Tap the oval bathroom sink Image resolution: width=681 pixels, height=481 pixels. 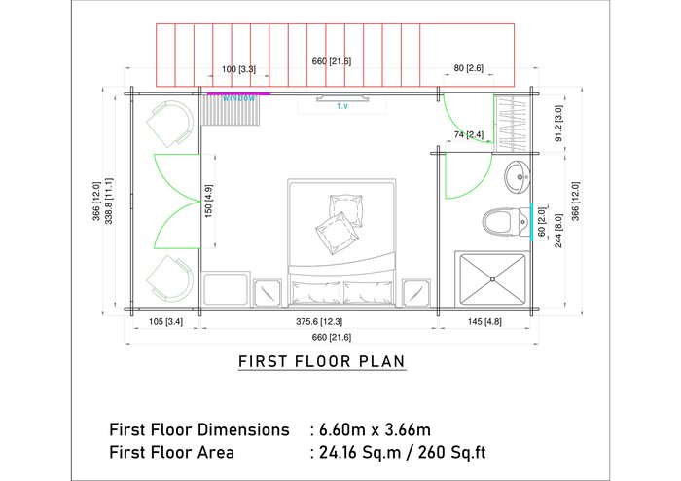pos(518,177)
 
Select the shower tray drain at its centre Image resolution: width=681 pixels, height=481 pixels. pos(492,279)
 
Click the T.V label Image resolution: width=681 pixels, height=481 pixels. pos(342,106)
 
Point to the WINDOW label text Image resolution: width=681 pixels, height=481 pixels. pos(239,99)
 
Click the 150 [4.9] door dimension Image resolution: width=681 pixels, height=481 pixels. pos(208,202)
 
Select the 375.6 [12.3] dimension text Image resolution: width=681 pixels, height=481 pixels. pos(319,322)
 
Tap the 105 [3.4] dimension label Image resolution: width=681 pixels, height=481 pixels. pos(166,322)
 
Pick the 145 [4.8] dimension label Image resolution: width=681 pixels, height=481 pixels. pos(484,322)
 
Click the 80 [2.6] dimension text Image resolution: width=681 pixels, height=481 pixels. pos(468,68)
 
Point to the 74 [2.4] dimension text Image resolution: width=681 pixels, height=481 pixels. pos(469,134)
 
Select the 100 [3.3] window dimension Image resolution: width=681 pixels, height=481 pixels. pos(238,69)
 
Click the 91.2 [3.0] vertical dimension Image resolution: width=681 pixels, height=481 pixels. pos(558,124)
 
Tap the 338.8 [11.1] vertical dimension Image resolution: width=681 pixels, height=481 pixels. pos(109,201)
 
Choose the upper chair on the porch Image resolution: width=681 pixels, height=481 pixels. pos(170,124)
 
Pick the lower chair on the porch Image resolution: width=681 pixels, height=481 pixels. pos(170,278)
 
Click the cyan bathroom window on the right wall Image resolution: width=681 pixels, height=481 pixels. pos(531,222)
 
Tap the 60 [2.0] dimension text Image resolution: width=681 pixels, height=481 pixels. pos(542,222)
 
